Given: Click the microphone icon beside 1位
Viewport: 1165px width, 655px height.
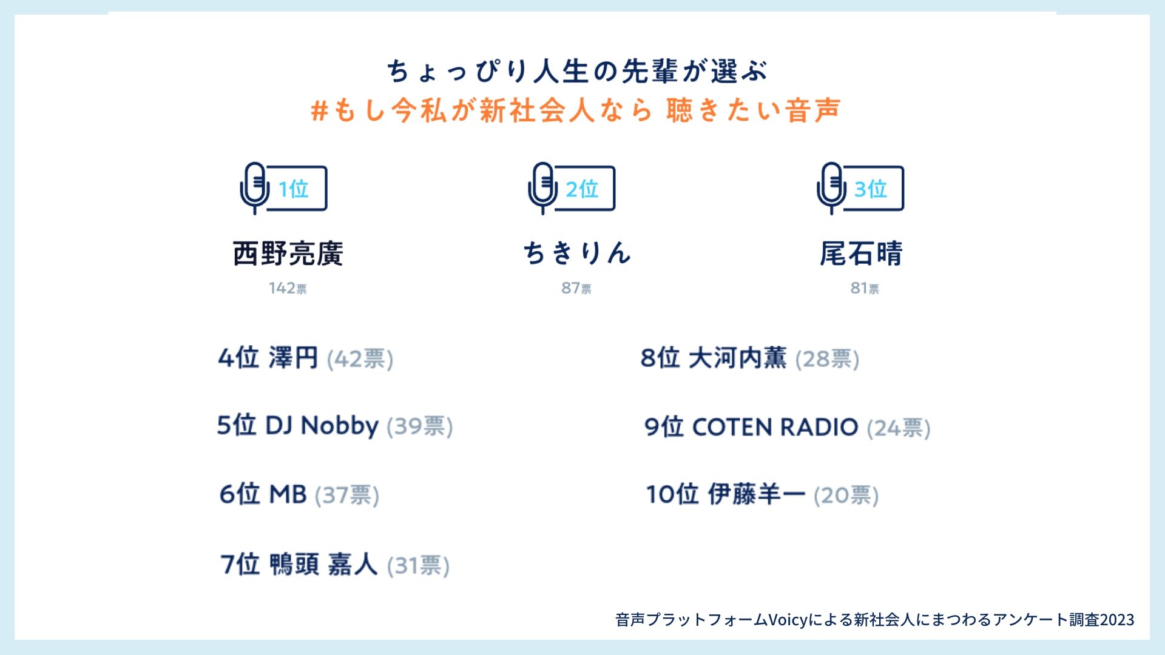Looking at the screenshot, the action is pos(255,188).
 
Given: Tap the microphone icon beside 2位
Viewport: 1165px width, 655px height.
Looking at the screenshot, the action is pos(543,188).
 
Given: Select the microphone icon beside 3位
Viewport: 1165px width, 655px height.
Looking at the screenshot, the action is pos(831,188).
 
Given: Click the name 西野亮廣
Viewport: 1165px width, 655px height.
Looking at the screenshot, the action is pos(288,254).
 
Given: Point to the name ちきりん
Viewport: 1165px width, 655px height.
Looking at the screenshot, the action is pos(577,253).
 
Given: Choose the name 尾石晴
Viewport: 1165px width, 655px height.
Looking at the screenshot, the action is pos(862,254).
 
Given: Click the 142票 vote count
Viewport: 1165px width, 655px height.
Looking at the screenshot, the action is pos(288,288).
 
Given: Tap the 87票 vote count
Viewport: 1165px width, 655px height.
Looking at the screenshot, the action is pos(576,288).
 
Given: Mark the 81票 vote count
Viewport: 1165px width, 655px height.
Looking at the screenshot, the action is pos(865,288).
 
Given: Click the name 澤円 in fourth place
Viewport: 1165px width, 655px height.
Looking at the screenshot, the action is pos(293,358).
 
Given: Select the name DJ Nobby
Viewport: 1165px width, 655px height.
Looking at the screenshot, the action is pos(322,426).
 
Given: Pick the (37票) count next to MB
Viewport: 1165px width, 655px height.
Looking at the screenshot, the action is pos(347,495).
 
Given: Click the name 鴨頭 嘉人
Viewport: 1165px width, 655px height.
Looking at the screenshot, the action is pos(323,565).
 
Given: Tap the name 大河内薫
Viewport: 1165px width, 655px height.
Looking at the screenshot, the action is pos(737,358).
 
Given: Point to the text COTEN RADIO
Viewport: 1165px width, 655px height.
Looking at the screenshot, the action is pos(775,427).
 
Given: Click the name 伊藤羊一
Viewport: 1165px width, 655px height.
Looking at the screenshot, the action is pos(757,494).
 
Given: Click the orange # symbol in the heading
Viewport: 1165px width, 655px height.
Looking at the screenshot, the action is pos(319,111).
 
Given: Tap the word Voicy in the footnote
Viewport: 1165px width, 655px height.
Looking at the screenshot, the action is pos(788,620).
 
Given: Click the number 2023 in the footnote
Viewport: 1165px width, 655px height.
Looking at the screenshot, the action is pos(1117,620).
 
